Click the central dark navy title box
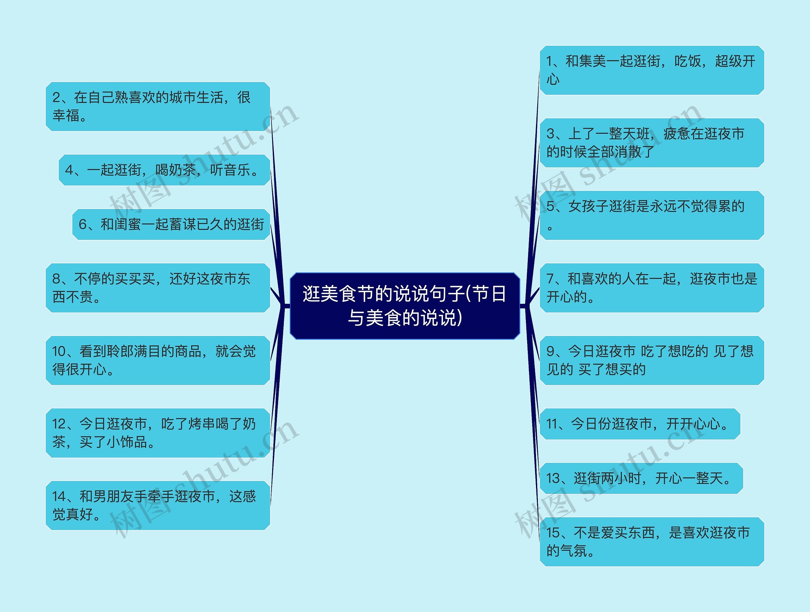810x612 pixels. pyautogui.click(x=405, y=306)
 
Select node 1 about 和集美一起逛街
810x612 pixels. pyautogui.click(x=651, y=70)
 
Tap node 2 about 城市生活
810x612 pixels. pyautogui.click(x=158, y=106)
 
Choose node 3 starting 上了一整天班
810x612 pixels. pyautogui.click(x=651, y=142)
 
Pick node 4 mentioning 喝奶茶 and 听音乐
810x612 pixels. pyautogui.click(x=164, y=170)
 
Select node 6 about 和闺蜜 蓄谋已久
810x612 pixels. pyautogui.click(x=171, y=224)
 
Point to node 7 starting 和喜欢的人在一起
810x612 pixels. pyautogui.click(x=651, y=288)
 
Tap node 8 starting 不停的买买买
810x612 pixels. pyautogui.click(x=158, y=288)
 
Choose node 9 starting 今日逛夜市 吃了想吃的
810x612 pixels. pyautogui.click(x=651, y=360)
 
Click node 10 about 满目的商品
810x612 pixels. pyautogui.click(x=158, y=360)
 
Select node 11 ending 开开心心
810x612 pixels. pyautogui.click(x=640, y=424)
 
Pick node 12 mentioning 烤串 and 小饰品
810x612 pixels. pyautogui.click(x=158, y=433)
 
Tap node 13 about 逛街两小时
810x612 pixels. pyautogui.click(x=641, y=478)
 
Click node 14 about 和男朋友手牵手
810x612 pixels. pyautogui.click(x=158, y=505)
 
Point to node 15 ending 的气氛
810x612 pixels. pyautogui.click(x=651, y=541)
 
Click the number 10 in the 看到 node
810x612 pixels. pyautogui.click(x=59, y=352)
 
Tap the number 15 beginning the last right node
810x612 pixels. pyautogui.click(x=553, y=533)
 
